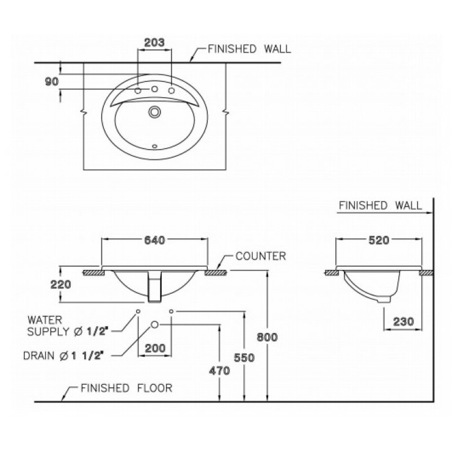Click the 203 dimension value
(155, 42)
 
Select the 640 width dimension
(155, 241)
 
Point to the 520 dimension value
(379, 241)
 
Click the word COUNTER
(261, 256)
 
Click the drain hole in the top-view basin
(155, 112)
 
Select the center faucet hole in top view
(155, 90)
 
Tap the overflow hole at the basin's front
(155, 147)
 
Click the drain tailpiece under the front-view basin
(155, 288)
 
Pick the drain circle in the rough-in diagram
(155, 324)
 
